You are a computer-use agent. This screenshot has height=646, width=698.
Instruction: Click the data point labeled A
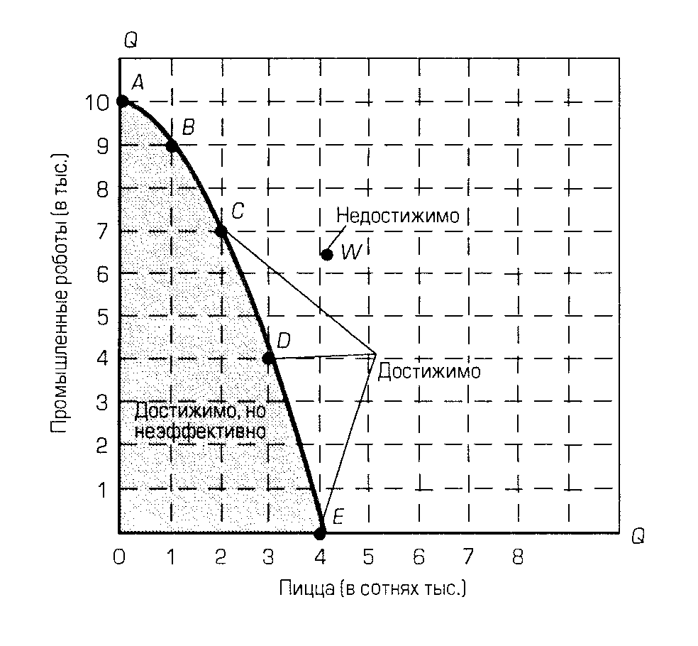[122, 102]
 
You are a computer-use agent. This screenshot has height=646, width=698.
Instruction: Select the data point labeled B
[172, 146]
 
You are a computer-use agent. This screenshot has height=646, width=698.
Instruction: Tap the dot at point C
[221, 231]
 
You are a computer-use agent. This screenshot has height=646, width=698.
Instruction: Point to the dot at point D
[269, 358]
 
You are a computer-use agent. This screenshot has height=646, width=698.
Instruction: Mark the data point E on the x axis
[321, 532]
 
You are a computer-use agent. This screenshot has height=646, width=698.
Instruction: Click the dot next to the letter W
[327, 254]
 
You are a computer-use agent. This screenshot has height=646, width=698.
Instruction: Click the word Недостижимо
[398, 215]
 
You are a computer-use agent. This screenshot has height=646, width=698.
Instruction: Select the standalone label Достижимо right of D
[428, 371]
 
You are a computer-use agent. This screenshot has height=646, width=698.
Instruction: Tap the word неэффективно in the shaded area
[200, 431]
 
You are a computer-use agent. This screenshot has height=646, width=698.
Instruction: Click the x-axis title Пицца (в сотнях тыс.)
[372, 589]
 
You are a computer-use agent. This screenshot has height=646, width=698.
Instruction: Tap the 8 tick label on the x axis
[518, 557]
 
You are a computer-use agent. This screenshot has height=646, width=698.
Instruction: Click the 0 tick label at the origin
[119, 557]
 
